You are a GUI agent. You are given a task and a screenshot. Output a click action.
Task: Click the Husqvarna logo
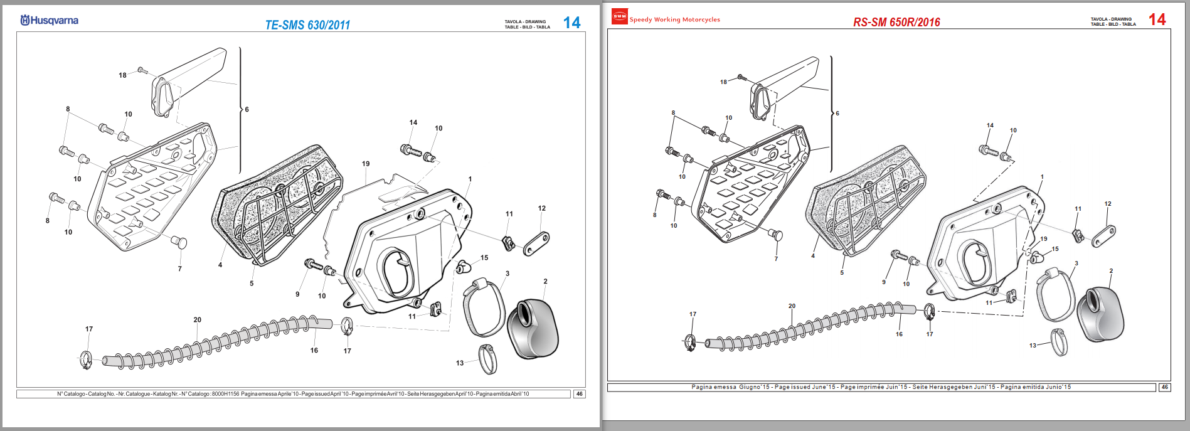click(50, 20)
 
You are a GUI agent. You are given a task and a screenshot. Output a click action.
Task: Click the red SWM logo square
click(619, 17)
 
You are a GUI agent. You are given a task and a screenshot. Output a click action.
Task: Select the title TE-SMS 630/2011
click(307, 25)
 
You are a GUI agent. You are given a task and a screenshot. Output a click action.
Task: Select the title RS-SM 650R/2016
click(896, 22)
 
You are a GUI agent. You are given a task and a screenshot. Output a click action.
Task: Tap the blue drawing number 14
click(571, 23)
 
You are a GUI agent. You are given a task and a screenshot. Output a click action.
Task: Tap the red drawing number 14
click(1157, 19)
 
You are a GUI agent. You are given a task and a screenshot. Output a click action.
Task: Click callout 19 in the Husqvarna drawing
click(366, 164)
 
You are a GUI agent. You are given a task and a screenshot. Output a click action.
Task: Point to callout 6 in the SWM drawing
click(837, 114)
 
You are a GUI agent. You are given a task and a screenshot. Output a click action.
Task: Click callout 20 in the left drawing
click(198, 320)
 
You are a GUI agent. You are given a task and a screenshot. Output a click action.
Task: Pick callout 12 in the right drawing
click(1108, 204)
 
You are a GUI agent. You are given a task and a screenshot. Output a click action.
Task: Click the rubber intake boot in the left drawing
click(532, 329)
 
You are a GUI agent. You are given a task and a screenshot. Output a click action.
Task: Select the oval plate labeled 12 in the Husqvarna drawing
click(536, 243)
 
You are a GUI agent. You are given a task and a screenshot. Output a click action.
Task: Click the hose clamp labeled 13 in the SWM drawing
click(1059, 342)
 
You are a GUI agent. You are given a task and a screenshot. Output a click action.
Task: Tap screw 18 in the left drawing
click(142, 70)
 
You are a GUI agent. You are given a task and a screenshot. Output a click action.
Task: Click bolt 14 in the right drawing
click(988, 150)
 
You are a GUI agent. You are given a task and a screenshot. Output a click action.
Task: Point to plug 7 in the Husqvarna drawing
click(179, 242)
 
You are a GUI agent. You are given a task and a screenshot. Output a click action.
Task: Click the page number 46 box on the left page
click(579, 394)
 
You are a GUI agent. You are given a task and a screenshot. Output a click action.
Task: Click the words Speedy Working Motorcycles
click(674, 19)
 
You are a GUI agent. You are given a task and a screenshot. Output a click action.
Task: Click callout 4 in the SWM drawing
click(813, 256)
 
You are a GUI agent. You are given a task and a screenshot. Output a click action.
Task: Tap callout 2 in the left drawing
click(545, 282)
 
